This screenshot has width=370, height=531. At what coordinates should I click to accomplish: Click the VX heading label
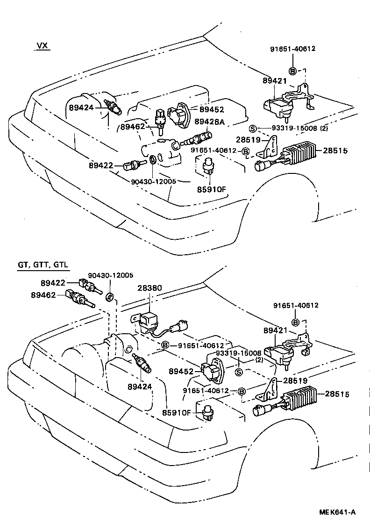coord(43,46)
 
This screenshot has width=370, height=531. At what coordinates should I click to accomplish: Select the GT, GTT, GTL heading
coord(43,265)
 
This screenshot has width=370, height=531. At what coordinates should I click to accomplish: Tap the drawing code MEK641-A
coord(337,512)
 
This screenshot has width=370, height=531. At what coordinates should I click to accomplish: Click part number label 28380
coord(149,288)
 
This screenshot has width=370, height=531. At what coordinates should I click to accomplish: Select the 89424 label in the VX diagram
coord(82,107)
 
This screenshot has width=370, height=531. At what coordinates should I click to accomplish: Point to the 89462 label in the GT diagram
coord(43,295)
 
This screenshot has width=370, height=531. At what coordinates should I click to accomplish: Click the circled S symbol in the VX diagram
coord(252,129)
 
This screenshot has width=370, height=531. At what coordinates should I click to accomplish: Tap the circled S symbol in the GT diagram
coord(238,372)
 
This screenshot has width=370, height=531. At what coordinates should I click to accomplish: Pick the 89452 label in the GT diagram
coord(181,371)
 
